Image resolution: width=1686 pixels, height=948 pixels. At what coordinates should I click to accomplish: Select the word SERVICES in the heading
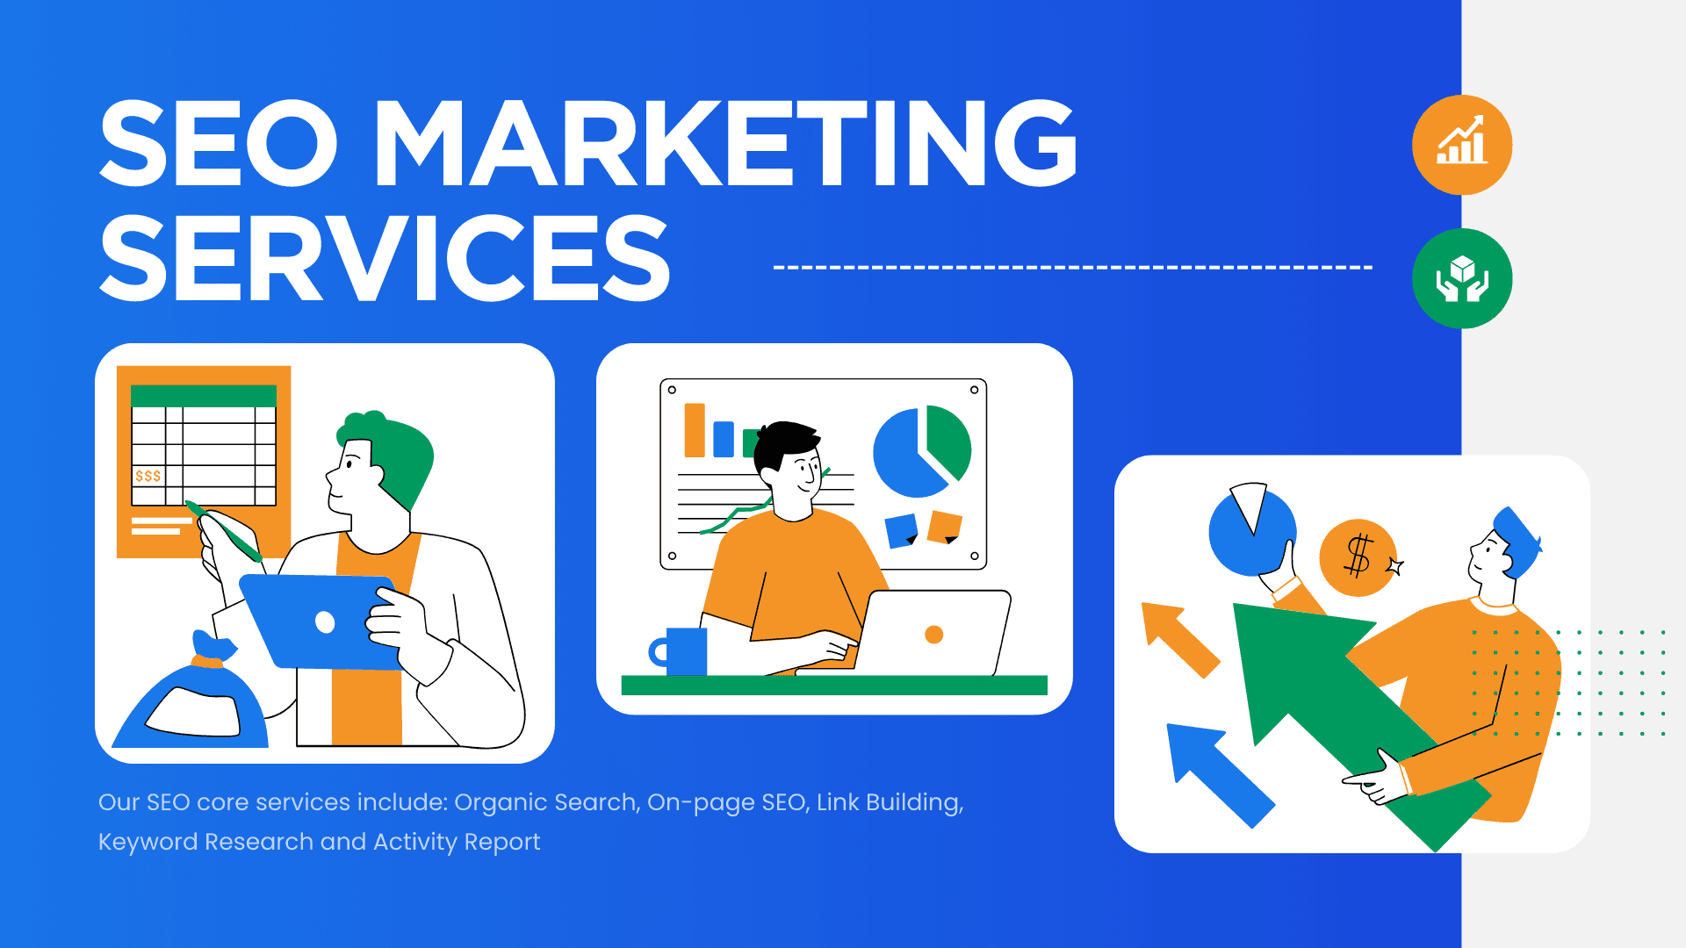click(x=385, y=259)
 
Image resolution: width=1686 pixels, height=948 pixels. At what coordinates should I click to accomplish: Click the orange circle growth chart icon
click(x=1462, y=145)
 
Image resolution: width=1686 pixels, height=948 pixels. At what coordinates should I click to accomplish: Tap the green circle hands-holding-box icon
click(x=1462, y=278)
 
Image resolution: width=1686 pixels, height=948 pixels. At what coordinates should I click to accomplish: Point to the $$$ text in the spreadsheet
click(x=148, y=476)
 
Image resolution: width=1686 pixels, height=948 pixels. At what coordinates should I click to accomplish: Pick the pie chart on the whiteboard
click(x=921, y=451)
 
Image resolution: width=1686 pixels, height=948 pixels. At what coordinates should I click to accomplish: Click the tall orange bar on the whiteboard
click(x=695, y=430)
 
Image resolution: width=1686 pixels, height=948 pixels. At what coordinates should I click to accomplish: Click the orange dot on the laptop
click(x=934, y=635)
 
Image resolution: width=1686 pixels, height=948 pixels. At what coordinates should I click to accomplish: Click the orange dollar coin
click(x=1358, y=557)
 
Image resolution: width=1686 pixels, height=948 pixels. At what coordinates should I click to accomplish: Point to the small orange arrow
click(x=1179, y=638)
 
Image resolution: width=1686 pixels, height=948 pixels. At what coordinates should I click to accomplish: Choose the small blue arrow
click(x=1217, y=772)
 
